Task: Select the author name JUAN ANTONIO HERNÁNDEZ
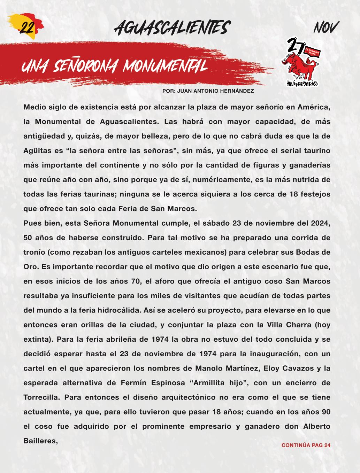point(215,91)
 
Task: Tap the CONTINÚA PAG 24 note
point(306,445)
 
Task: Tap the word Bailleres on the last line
point(40,441)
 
